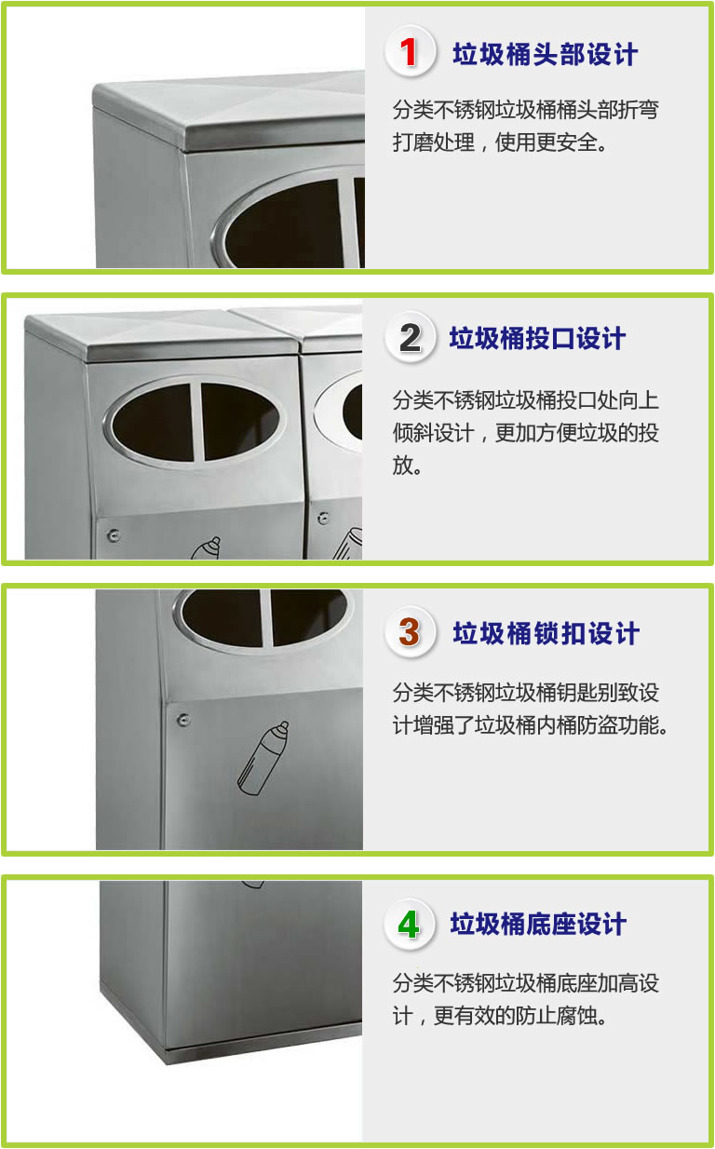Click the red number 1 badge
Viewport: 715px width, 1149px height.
click(x=410, y=52)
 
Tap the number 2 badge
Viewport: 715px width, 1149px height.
click(x=410, y=338)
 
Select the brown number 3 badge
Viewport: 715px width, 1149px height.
click(x=410, y=632)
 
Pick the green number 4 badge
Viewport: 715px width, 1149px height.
click(x=409, y=925)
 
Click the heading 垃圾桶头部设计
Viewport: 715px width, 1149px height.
click(x=546, y=54)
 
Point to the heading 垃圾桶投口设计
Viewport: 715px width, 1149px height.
click(x=537, y=339)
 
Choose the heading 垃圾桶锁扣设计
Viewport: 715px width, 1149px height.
click(x=546, y=633)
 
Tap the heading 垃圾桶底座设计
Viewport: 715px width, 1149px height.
click(x=538, y=925)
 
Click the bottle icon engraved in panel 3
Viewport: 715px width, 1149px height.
click(x=263, y=759)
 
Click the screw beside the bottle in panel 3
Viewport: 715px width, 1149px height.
click(x=183, y=720)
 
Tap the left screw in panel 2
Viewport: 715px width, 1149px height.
click(x=114, y=535)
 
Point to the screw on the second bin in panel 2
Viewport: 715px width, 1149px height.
click(x=323, y=518)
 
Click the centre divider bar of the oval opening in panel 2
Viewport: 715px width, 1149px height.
click(x=197, y=422)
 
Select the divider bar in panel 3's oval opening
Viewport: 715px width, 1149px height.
click(x=266, y=618)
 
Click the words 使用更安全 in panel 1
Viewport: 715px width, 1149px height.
click(x=546, y=142)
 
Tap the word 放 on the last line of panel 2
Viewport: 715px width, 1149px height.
click(x=402, y=466)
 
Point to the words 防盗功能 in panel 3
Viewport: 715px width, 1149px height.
click(x=617, y=725)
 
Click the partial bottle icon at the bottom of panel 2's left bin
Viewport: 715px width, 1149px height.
click(x=206, y=547)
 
